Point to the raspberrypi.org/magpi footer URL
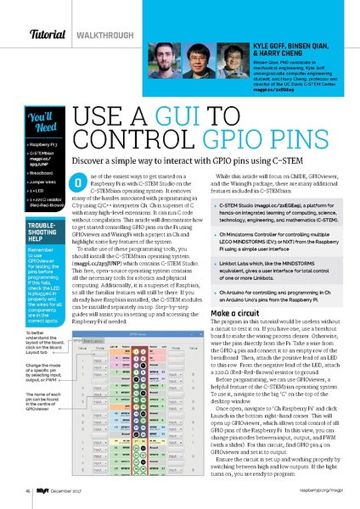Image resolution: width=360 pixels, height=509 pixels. (317, 490)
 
